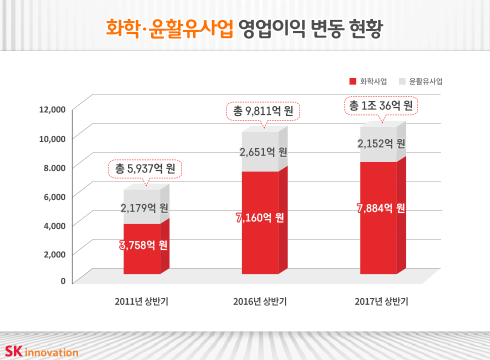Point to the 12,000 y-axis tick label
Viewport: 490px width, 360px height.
52,109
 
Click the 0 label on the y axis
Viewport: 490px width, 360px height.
63,281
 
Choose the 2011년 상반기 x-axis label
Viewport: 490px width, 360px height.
141,301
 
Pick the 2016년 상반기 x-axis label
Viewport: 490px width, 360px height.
259,301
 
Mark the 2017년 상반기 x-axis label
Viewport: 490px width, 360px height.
381,301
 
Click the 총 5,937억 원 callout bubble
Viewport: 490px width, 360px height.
145,169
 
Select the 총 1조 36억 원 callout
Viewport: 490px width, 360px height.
381,105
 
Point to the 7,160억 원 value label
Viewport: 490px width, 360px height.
260,218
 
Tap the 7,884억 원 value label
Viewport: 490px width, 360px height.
381,208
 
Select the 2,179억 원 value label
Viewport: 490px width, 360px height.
144,207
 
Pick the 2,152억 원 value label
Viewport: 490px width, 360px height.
381,143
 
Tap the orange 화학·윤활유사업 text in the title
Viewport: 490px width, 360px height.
169,28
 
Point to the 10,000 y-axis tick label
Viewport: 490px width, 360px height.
52,138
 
